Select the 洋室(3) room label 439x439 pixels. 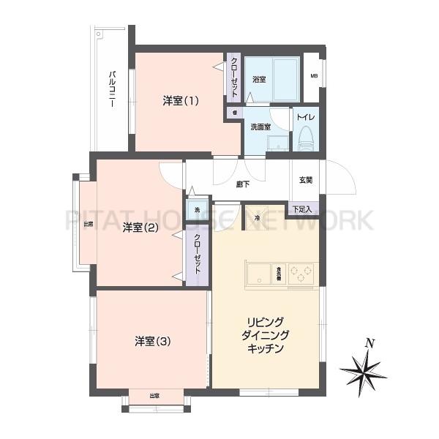152,341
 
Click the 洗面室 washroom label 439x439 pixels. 260,127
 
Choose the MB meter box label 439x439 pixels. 314,76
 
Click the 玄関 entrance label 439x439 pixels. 306,180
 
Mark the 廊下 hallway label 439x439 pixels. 241,184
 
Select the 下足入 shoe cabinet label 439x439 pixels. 302,209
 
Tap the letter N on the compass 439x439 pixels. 370,342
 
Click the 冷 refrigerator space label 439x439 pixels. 258,217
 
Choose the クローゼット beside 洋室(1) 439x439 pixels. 233,78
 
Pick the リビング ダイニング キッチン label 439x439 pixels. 266,335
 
